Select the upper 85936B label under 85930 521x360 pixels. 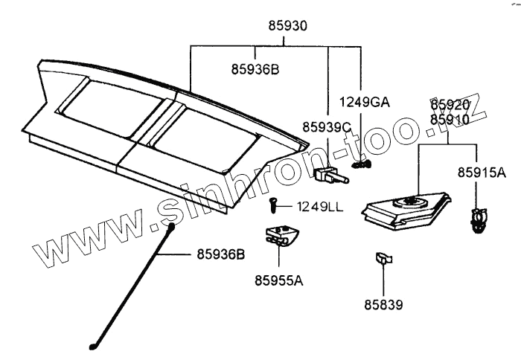(x=255, y=70)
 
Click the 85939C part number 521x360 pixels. (x=327, y=127)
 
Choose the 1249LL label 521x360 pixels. (x=320, y=206)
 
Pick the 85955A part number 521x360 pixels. (x=279, y=280)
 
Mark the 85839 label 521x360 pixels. (x=383, y=304)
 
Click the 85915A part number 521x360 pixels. (x=482, y=173)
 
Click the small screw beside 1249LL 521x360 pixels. (x=273, y=202)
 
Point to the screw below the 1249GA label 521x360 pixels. (x=362, y=165)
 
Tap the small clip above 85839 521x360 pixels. (x=383, y=259)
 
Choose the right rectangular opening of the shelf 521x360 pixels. (x=199, y=137)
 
